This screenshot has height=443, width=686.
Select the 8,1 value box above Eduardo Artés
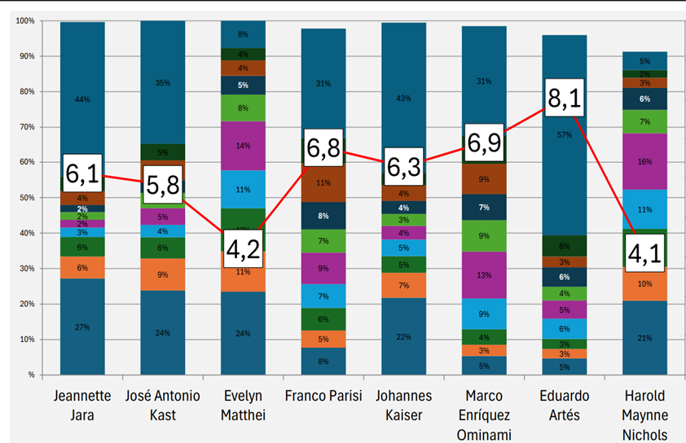pyautogui.click(x=564, y=99)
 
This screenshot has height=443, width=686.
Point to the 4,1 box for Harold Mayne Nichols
pyautogui.click(x=645, y=252)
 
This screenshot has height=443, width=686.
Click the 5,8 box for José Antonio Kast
pyautogui.click(x=163, y=187)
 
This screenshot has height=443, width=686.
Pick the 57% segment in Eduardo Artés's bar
pyautogui.click(x=564, y=134)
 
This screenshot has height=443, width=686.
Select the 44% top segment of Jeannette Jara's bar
pyautogui.click(x=82, y=99)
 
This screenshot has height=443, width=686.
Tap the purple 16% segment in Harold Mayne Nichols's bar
pyautogui.click(x=644, y=162)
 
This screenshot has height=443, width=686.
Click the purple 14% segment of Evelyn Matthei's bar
pyautogui.click(x=243, y=147)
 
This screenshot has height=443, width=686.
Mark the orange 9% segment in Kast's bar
pyautogui.click(x=163, y=274)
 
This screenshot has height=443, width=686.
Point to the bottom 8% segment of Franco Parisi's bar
pyautogui.click(x=323, y=361)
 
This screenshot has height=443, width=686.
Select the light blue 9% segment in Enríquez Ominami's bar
pyautogui.click(x=484, y=314)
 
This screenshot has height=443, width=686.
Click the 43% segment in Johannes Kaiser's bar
pyautogui.click(x=404, y=99)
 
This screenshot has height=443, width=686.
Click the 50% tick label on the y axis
pyautogui.click(x=26, y=198)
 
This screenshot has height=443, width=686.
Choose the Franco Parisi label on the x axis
pyautogui.click(x=323, y=397)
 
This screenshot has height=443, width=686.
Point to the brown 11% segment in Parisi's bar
pyautogui.click(x=323, y=183)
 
